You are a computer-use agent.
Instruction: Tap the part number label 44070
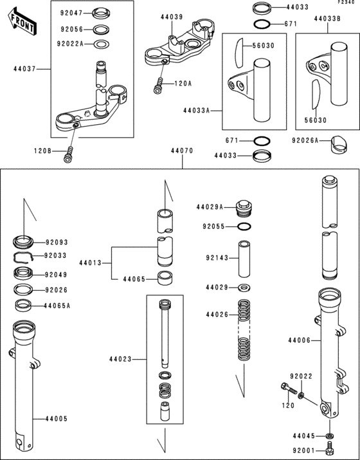[x=182, y=152]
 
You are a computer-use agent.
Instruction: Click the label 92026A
[x=305, y=140]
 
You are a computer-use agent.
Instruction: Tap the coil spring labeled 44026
[x=243, y=328]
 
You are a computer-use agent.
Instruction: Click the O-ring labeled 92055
[x=244, y=226]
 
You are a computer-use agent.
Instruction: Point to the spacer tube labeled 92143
[x=244, y=257]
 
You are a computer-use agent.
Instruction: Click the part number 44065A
[x=57, y=305]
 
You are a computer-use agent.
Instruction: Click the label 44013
[x=91, y=263]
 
